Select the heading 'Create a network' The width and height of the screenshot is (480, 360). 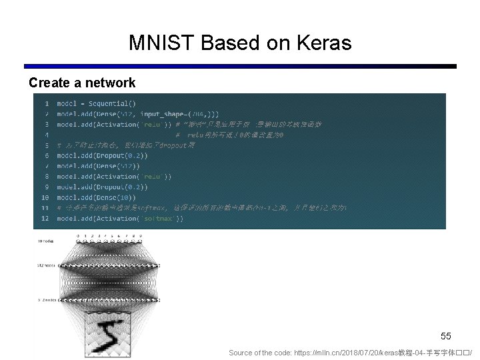[82, 83]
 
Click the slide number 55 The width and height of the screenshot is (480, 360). [446, 337]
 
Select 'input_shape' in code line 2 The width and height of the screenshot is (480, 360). [165, 114]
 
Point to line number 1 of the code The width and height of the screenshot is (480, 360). [47, 103]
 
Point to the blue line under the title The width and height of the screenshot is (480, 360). [240, 67]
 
